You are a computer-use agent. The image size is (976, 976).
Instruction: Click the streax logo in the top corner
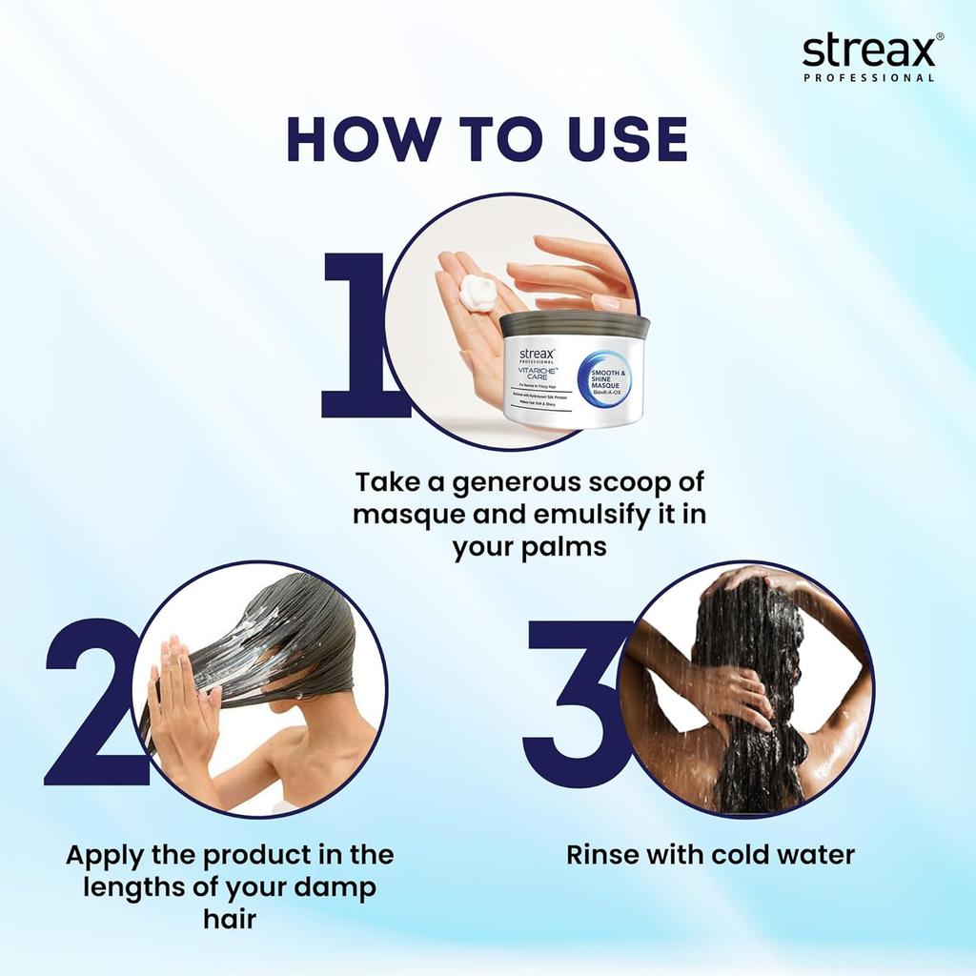866,51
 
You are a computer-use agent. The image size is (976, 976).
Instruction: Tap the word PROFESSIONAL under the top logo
868,78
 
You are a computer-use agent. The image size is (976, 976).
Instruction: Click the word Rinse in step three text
603,854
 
